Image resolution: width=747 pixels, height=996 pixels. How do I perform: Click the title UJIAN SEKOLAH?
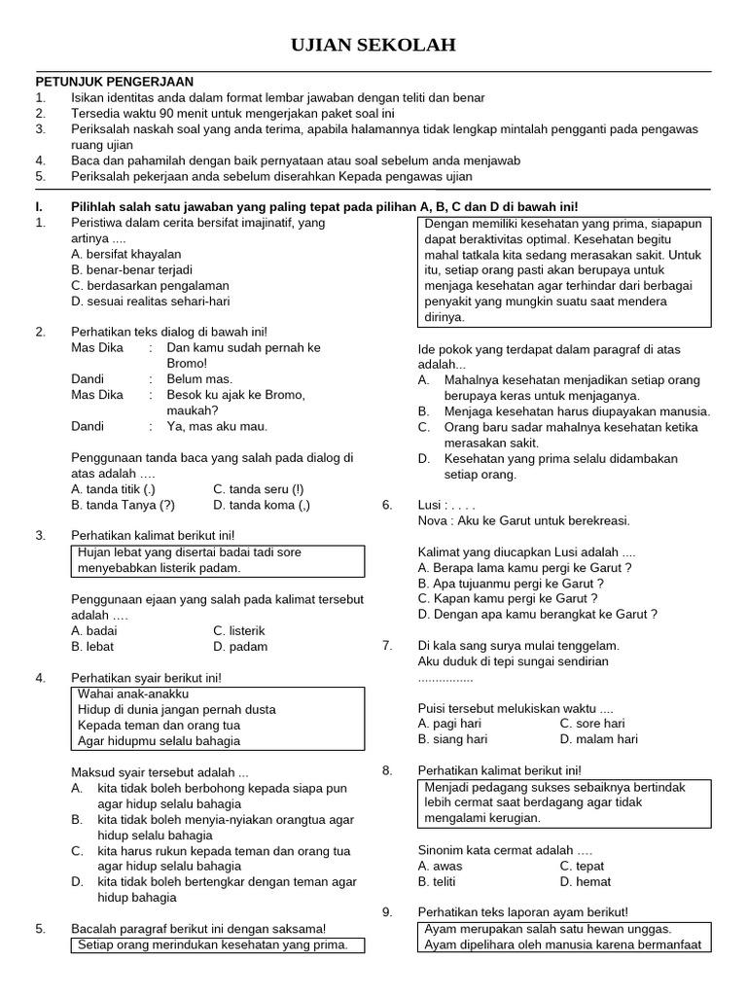(373, 46)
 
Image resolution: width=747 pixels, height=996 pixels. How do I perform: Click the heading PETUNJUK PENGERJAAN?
(115, 82)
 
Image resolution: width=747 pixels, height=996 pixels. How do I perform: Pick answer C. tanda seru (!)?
(259, 489)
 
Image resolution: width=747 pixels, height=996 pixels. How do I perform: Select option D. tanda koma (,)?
(262, 505)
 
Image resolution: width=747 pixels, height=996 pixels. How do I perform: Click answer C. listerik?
(239, 630)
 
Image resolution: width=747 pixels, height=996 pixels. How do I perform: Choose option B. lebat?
(93, 646)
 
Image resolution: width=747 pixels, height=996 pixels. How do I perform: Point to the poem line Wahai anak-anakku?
(132, 694)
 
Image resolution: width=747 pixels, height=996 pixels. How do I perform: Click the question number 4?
(40, 677)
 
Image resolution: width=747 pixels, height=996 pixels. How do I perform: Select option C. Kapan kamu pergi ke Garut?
(507, 598)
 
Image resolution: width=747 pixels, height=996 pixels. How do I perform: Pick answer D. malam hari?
(598, 739)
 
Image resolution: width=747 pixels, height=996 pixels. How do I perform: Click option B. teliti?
(443, 881)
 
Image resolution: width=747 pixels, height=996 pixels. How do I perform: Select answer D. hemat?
(586, 881)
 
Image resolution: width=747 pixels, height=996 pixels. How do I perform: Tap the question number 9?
(386, 911)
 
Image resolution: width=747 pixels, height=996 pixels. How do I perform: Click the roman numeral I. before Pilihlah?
(39, 206)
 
